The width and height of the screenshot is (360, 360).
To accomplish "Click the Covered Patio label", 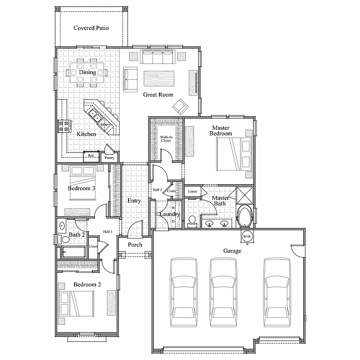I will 91,28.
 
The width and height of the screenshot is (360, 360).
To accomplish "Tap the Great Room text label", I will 158,95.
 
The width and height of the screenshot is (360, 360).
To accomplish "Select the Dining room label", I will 87,72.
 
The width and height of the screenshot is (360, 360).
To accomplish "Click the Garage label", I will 232,251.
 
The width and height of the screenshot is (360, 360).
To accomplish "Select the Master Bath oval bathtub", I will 245,217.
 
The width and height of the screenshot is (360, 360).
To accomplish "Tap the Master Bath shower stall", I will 244,194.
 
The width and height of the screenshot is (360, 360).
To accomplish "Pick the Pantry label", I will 109,158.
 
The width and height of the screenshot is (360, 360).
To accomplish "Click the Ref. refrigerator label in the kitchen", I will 91,156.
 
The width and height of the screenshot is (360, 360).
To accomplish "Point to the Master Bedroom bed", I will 233,155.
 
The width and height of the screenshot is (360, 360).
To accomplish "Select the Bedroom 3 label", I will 82,188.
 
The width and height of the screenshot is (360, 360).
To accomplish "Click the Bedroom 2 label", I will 87,285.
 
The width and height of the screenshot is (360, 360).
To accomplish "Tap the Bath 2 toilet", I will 65,240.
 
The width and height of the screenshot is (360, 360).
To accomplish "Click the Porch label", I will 135,245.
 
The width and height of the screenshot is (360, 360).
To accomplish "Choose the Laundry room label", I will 170,214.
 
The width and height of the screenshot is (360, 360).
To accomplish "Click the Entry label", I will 134,201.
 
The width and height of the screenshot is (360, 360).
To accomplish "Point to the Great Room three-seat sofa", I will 157,58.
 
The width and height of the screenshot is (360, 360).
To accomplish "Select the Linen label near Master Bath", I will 192,192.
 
